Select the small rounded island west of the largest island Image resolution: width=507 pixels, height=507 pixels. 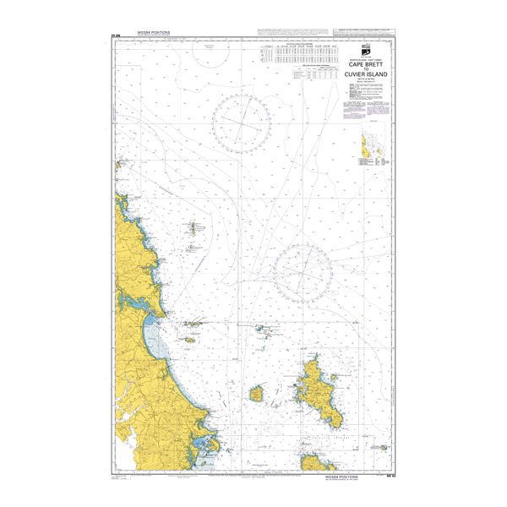(x=258, y=393)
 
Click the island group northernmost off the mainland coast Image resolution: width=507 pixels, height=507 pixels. (x=194, y=228)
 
